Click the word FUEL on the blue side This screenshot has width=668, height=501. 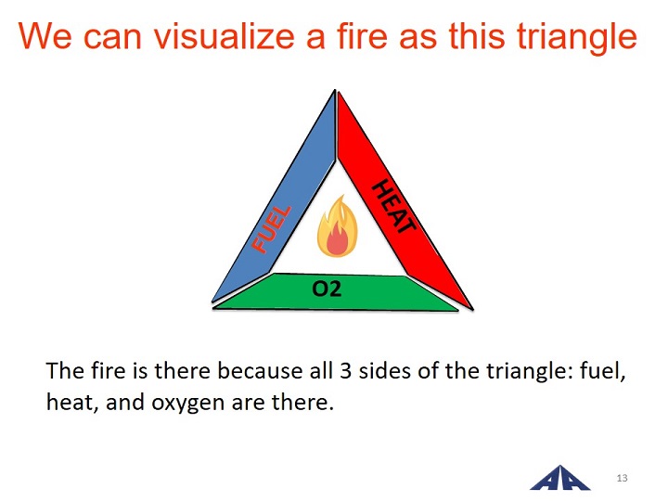pyautogui.click(x=271, y=229)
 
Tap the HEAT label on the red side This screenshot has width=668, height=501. pyautogui.click(x=393, y=206)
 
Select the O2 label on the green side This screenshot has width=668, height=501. pyautogui.click(x=327, y=289)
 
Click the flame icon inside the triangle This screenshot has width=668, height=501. pyautogui.click(x=337, y=226)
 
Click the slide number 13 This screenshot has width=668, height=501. pyautogui.click(x=622, y=478)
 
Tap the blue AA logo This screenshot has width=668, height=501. pyautogui.click(x=559, y=478)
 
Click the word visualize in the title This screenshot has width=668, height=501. pyautogui.click(x=225, y=36)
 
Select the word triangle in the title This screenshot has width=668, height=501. pyautogui.click(x=577, y=38)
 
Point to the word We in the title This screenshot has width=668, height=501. pyautogui.click(x=45, y=36)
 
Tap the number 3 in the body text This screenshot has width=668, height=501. pyautogui.click(x=345, y=370)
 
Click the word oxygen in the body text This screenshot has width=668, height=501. pyautogui.click(x=187, y=404)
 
